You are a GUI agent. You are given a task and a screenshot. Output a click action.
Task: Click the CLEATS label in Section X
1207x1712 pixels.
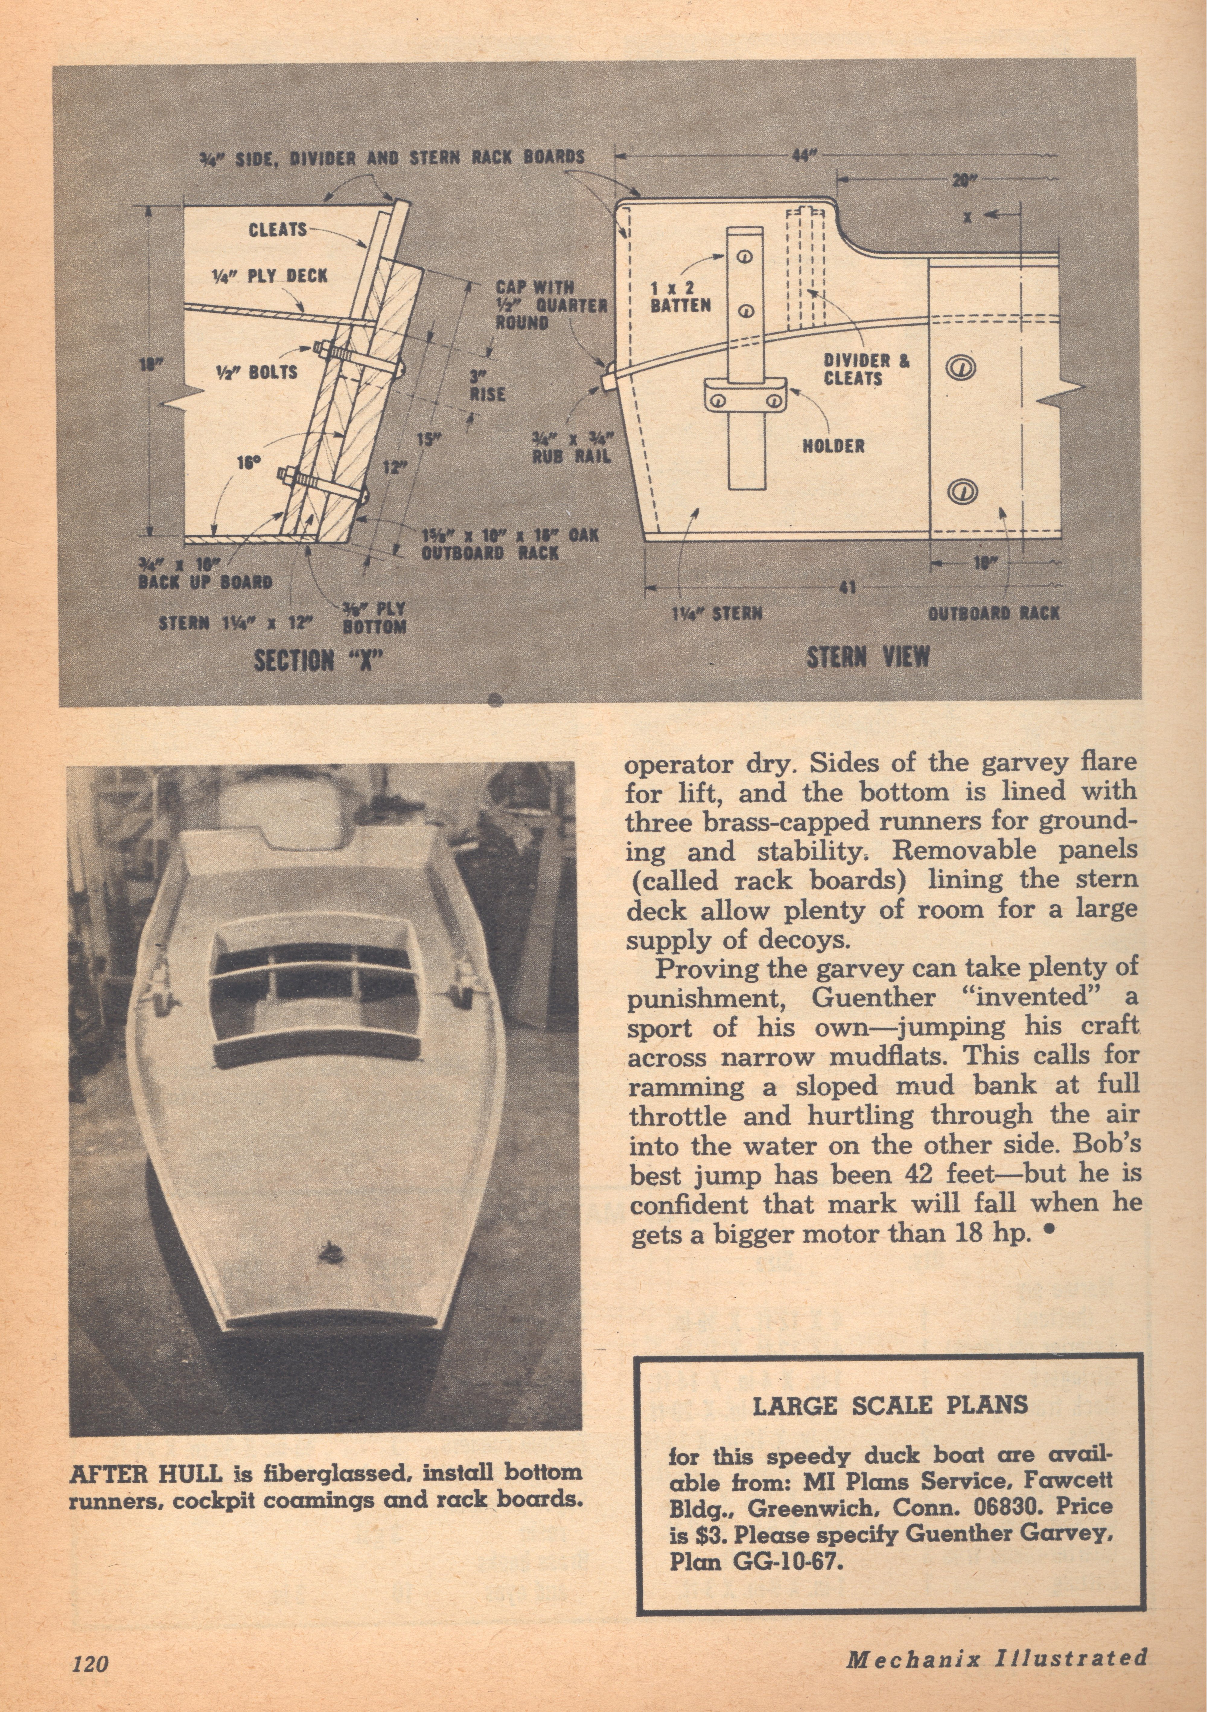pos(277,230)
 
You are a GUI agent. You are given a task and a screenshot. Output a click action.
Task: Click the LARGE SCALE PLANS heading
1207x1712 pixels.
pos(890,1406)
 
